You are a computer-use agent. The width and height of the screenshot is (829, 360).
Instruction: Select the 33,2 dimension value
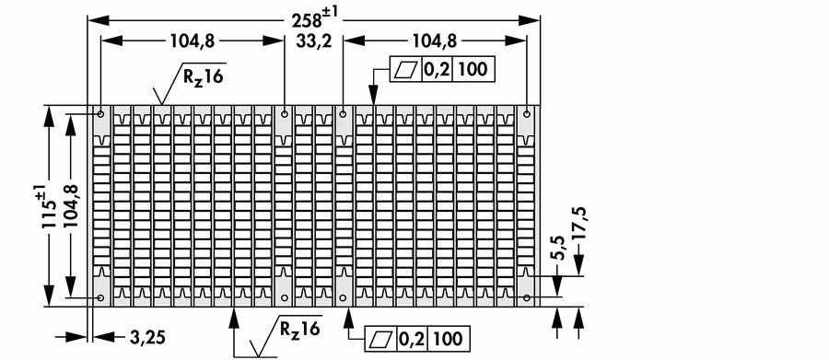(x=313, y=41)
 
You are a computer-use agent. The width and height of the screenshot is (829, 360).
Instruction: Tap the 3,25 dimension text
(x=147, y=337)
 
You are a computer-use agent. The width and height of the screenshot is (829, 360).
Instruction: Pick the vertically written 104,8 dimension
(x=70, y=206)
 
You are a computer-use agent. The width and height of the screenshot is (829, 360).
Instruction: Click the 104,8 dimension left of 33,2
(x=193, y=41)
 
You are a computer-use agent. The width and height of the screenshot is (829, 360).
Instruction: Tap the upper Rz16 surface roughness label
(x=203, y=76)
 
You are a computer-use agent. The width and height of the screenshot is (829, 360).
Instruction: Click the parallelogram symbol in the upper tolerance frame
(x=406, y=69)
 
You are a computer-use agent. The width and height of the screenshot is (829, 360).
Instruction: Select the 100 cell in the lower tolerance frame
(x=448, y=338)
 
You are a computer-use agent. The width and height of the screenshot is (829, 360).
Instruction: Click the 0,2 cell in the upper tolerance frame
(x=437, y=69)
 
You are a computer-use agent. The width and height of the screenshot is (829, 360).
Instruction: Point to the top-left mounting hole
(x=100, y=113)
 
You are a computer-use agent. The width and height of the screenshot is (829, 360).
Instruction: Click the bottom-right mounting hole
(x=527, y=298)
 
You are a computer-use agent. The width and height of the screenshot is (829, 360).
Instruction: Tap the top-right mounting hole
(x=527, y=113)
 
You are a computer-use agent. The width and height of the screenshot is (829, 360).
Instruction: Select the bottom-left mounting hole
(x=100, y=298)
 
